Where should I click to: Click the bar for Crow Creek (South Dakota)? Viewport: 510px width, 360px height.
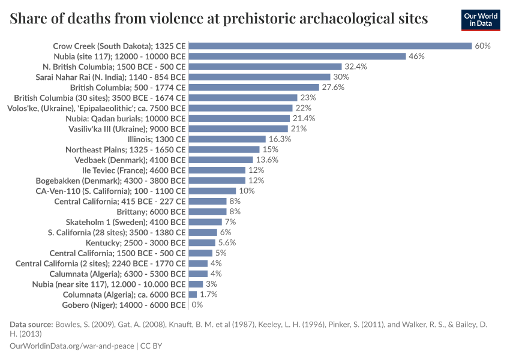[330, 46]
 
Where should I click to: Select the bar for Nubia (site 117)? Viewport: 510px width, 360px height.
[298, 56]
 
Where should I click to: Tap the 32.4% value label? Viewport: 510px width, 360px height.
[356, 67]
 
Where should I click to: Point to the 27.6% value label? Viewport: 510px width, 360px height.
[333, 88]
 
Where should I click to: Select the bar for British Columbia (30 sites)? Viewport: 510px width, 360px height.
[243, 98]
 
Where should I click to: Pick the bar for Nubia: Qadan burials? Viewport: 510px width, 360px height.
[241, 119]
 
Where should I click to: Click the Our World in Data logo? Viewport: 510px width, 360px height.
[481, 20]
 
